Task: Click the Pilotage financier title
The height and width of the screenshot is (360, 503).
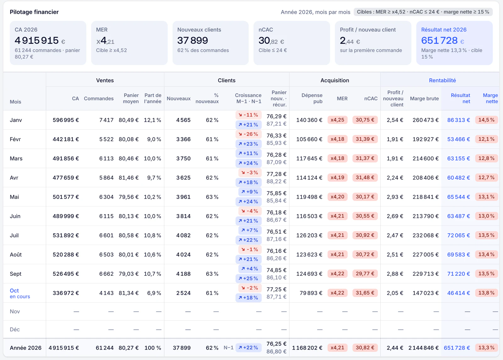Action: (34, 12)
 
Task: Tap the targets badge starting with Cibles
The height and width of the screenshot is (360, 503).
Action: (423, 12)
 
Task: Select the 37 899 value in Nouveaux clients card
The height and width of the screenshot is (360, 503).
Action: (193, 41)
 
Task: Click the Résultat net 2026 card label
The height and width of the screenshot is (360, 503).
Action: (444, 30)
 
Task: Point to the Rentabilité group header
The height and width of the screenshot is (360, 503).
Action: (442, 80)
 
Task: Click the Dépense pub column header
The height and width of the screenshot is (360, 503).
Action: (312, 98)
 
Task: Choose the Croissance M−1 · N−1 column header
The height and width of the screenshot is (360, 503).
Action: (248, 98)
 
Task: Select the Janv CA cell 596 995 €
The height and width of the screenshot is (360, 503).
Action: (66, 120)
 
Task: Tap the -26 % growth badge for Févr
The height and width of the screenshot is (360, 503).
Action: (248, 134)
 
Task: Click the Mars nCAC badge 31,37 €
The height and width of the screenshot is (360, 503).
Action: (365, 158)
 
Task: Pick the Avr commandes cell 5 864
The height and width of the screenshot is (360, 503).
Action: (107, 178)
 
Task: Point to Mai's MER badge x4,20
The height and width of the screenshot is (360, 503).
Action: (337, 197)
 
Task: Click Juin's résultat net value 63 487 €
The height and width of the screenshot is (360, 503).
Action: (459, 216)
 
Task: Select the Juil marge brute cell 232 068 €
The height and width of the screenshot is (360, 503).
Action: (426, 235)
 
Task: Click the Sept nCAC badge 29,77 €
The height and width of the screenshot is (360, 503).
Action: (365, 274)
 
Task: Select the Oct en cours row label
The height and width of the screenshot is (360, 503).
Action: (20, 293)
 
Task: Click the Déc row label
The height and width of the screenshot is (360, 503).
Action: (14, 330)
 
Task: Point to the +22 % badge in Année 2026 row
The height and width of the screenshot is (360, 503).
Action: (248, 348)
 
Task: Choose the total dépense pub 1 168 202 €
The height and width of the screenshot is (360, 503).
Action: (307, 348)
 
